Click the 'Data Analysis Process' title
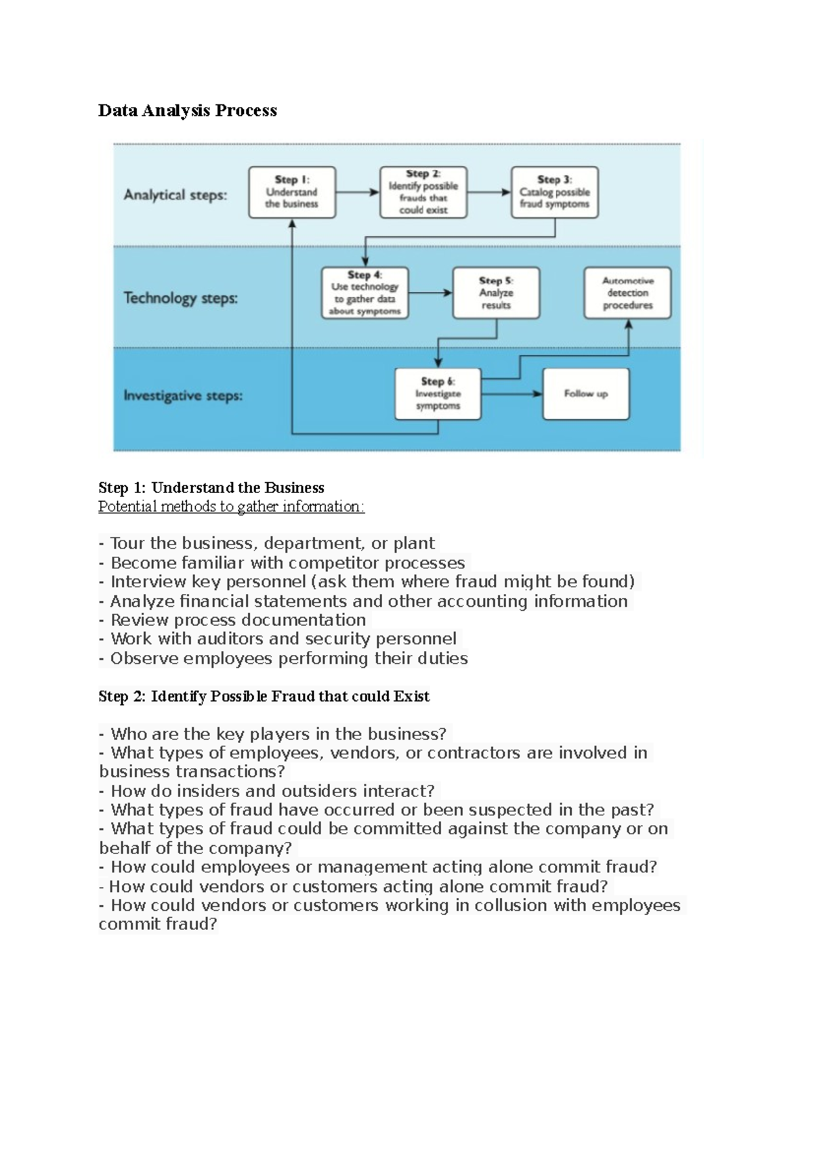[187, 110]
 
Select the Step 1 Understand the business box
[292, 192]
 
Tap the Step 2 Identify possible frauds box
[423, 192]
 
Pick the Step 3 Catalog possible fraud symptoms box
[554, 192]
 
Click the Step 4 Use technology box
[364, 293]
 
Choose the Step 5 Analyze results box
[496, 293]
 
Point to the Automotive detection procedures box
[627, 293]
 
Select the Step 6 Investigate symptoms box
[438, 394]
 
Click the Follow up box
[586, 394]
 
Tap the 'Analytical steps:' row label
[175, 195]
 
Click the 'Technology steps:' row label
[180, 298]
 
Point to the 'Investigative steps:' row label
[183, 396]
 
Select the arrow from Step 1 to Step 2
[358, 192]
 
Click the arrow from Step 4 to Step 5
[430, 293]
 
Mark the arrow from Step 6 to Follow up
[512, 394]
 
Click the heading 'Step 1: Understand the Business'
[211, 488]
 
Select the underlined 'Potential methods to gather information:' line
[231, 507]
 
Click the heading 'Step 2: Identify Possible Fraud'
[264, 696]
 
